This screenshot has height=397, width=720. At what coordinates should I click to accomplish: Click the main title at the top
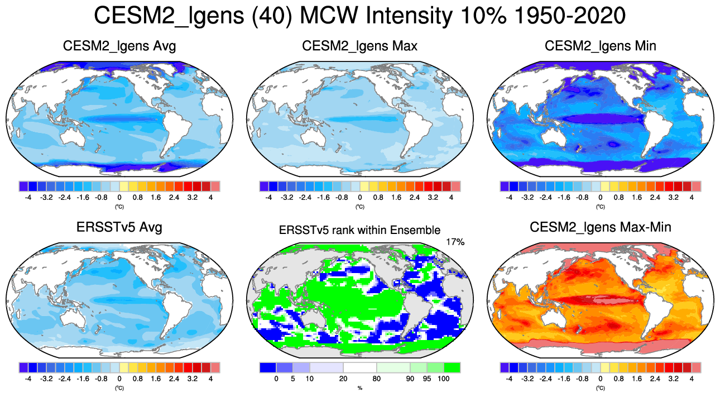(x=359, y=16)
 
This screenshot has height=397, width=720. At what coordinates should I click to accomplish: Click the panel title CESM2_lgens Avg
(x=119, y=46)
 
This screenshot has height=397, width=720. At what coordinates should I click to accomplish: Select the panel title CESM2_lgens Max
(x=359, y=46)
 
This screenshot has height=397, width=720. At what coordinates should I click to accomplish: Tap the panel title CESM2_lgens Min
(x=600, y=46)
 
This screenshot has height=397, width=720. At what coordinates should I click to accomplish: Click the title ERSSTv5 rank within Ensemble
(x=359, y=229)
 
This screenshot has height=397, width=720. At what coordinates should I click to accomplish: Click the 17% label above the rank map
(x=455, y=242)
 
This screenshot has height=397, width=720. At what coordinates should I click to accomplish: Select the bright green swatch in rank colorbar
(x=452, y=367)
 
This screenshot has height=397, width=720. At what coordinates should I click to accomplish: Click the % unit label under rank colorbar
(x=359, y=388)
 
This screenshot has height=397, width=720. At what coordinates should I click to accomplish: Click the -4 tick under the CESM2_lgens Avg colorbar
(x=28, y=198)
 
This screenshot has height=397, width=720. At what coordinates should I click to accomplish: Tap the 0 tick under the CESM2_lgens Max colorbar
(x=359, y=198)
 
